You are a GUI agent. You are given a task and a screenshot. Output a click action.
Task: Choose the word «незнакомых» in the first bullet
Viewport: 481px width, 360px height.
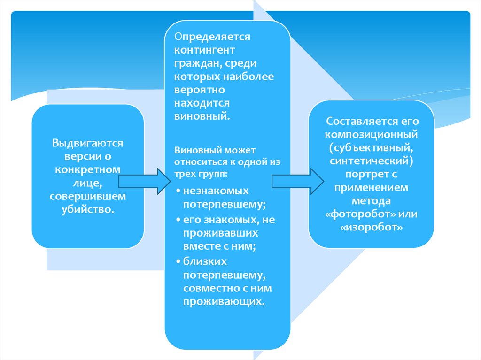point(216,191)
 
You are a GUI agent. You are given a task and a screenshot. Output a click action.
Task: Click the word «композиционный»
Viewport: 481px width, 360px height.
point(371,134)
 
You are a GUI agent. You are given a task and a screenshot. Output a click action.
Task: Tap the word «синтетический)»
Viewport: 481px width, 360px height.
point(371,161)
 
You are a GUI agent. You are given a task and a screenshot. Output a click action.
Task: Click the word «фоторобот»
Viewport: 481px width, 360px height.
point(354,214)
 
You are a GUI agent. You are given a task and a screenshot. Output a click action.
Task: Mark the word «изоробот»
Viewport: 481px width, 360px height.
point(371,227)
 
